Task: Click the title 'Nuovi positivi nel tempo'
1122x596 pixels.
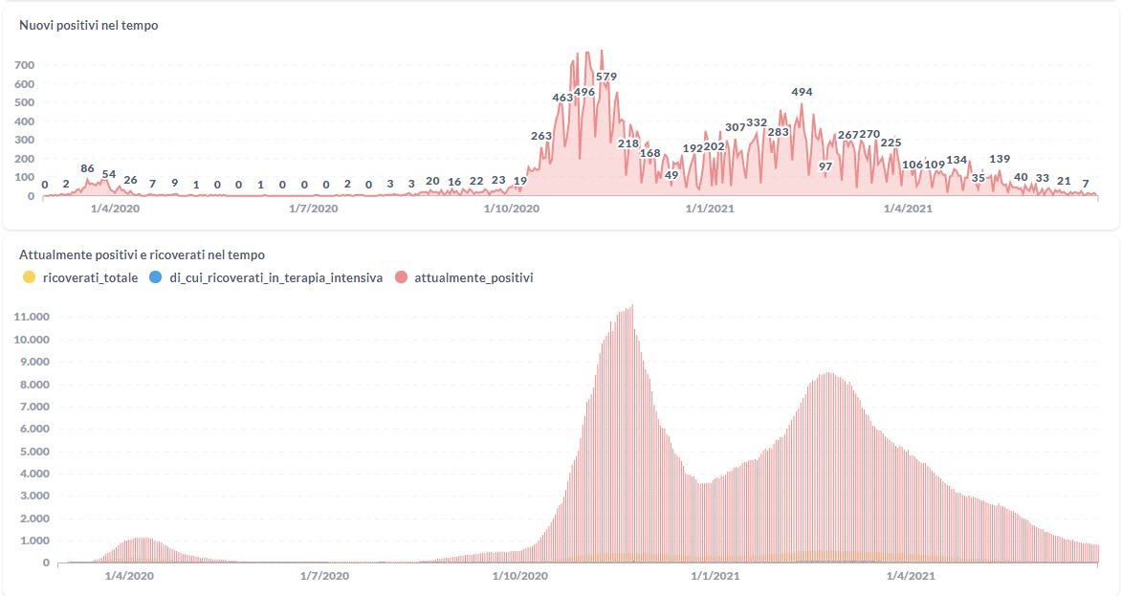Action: pos(89,26)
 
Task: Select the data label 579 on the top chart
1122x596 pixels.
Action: pos(605,77)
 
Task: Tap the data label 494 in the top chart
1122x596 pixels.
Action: pos(802,92)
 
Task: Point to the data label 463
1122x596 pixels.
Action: pos(562,98)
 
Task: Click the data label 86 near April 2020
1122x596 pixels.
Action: pos(87,168)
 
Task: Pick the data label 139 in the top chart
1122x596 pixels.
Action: pos(1000,159)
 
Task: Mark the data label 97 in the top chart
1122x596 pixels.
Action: pos(825,166)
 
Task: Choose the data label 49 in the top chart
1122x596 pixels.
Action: pos(671,175)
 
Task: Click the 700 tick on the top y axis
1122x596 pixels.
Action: pos(24,65)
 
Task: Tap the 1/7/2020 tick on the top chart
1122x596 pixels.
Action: pos(313,208)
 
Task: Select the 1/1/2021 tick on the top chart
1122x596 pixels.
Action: pos(710,208)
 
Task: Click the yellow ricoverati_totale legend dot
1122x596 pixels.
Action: pos(29,277)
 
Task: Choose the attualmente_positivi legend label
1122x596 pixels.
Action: pos(473,277)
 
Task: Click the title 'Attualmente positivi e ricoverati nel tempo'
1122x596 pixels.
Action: pos(142,255)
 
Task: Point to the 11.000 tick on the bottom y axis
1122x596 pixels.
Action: pos(33,317)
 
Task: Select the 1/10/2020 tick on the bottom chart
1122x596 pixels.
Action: pos(520,576)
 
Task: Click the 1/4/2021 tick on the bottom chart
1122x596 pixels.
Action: pos(910,576)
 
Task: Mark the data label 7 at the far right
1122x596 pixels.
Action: pos(1086,182)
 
